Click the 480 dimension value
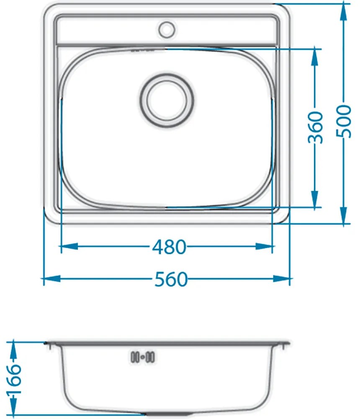click(169, 247)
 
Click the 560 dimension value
click(171, 279)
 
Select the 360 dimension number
click(315, 127)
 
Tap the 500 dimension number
click(343, 122)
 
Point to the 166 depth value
click(14, 380)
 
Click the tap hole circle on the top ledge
click(167, 29)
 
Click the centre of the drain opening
click(167, 101)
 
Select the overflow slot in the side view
click(143, 357)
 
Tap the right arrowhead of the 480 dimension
click(264, 246)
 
